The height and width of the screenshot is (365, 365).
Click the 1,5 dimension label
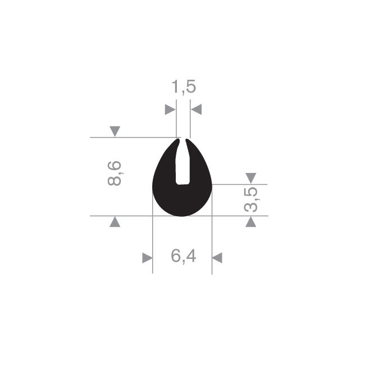[x=184, y=87]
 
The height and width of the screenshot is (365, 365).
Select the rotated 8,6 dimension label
[x=115, y=173]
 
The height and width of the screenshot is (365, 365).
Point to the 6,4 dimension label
[x=184, y=256]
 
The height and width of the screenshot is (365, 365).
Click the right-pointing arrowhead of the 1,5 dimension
[x=170, y=109]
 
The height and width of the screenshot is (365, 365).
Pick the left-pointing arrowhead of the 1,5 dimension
[x=196, y=109]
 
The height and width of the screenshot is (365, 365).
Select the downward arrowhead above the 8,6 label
[x=115, y=131]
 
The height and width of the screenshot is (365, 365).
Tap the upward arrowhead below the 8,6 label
[x=115, y=222]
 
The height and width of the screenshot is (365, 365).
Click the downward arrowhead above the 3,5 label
[x=251, y=178]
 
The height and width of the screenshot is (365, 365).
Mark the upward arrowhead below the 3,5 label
[x=251, y=222]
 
